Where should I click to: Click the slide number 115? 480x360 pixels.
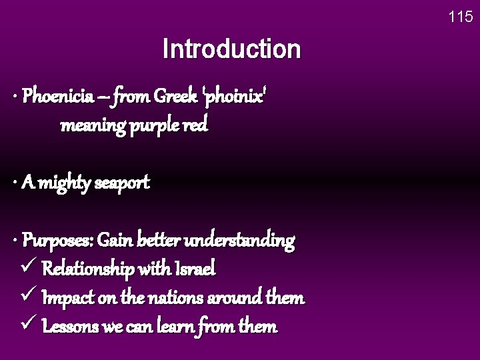pos(461,17)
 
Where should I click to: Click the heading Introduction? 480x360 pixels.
pos(231,49)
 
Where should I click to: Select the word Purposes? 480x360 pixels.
pos(59,240)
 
